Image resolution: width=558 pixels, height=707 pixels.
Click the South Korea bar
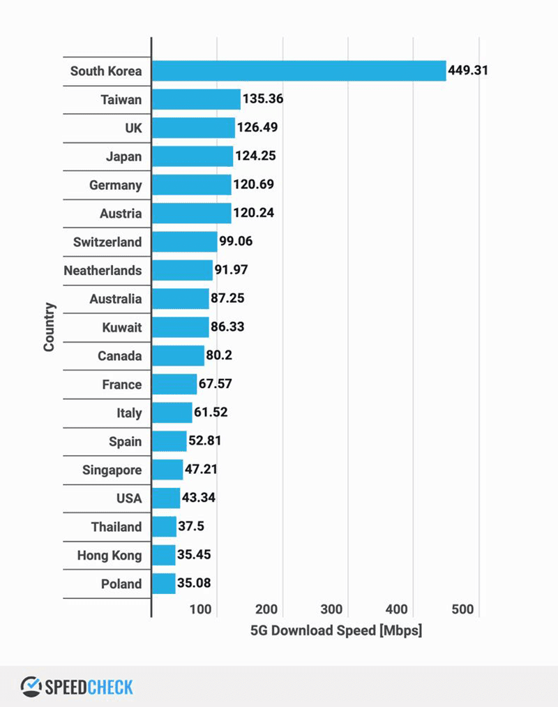[299, 70]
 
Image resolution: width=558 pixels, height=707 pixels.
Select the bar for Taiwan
[196, 99]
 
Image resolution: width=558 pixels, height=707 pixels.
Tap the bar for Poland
[163, 583]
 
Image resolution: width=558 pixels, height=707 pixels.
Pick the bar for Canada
[178, 356]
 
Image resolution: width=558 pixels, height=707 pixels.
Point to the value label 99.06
[236, 242]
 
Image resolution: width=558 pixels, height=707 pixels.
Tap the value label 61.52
[211, 412]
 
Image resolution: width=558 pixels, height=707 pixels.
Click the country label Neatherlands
[103, 271]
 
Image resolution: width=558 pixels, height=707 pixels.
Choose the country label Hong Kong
[110, 556]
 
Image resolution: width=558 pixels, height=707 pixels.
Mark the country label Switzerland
[107, 242]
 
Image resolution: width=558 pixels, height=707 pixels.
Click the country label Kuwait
[121, 327]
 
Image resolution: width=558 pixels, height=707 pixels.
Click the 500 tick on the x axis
[462, 609]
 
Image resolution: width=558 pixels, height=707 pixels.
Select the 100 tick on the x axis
[201, 609]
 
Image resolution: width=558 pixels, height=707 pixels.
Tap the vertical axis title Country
[50, 327]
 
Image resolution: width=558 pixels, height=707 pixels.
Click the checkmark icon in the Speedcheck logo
[31, 686]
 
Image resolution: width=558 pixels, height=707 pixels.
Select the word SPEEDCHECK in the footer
[89, 687]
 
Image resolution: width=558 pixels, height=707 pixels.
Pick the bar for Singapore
[167, 470]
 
